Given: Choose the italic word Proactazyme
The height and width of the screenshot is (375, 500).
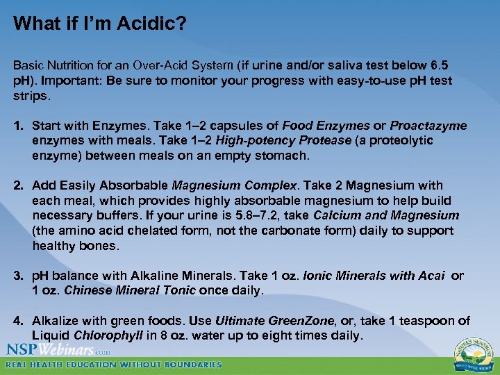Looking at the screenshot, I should (x=428, y=126).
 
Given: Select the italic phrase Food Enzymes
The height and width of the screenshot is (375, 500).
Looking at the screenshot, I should (x=326, y=126).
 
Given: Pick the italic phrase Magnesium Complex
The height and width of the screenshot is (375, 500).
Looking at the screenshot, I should (x=235, y=185).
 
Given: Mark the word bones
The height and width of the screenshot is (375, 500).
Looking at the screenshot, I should (x=102, y=246).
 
